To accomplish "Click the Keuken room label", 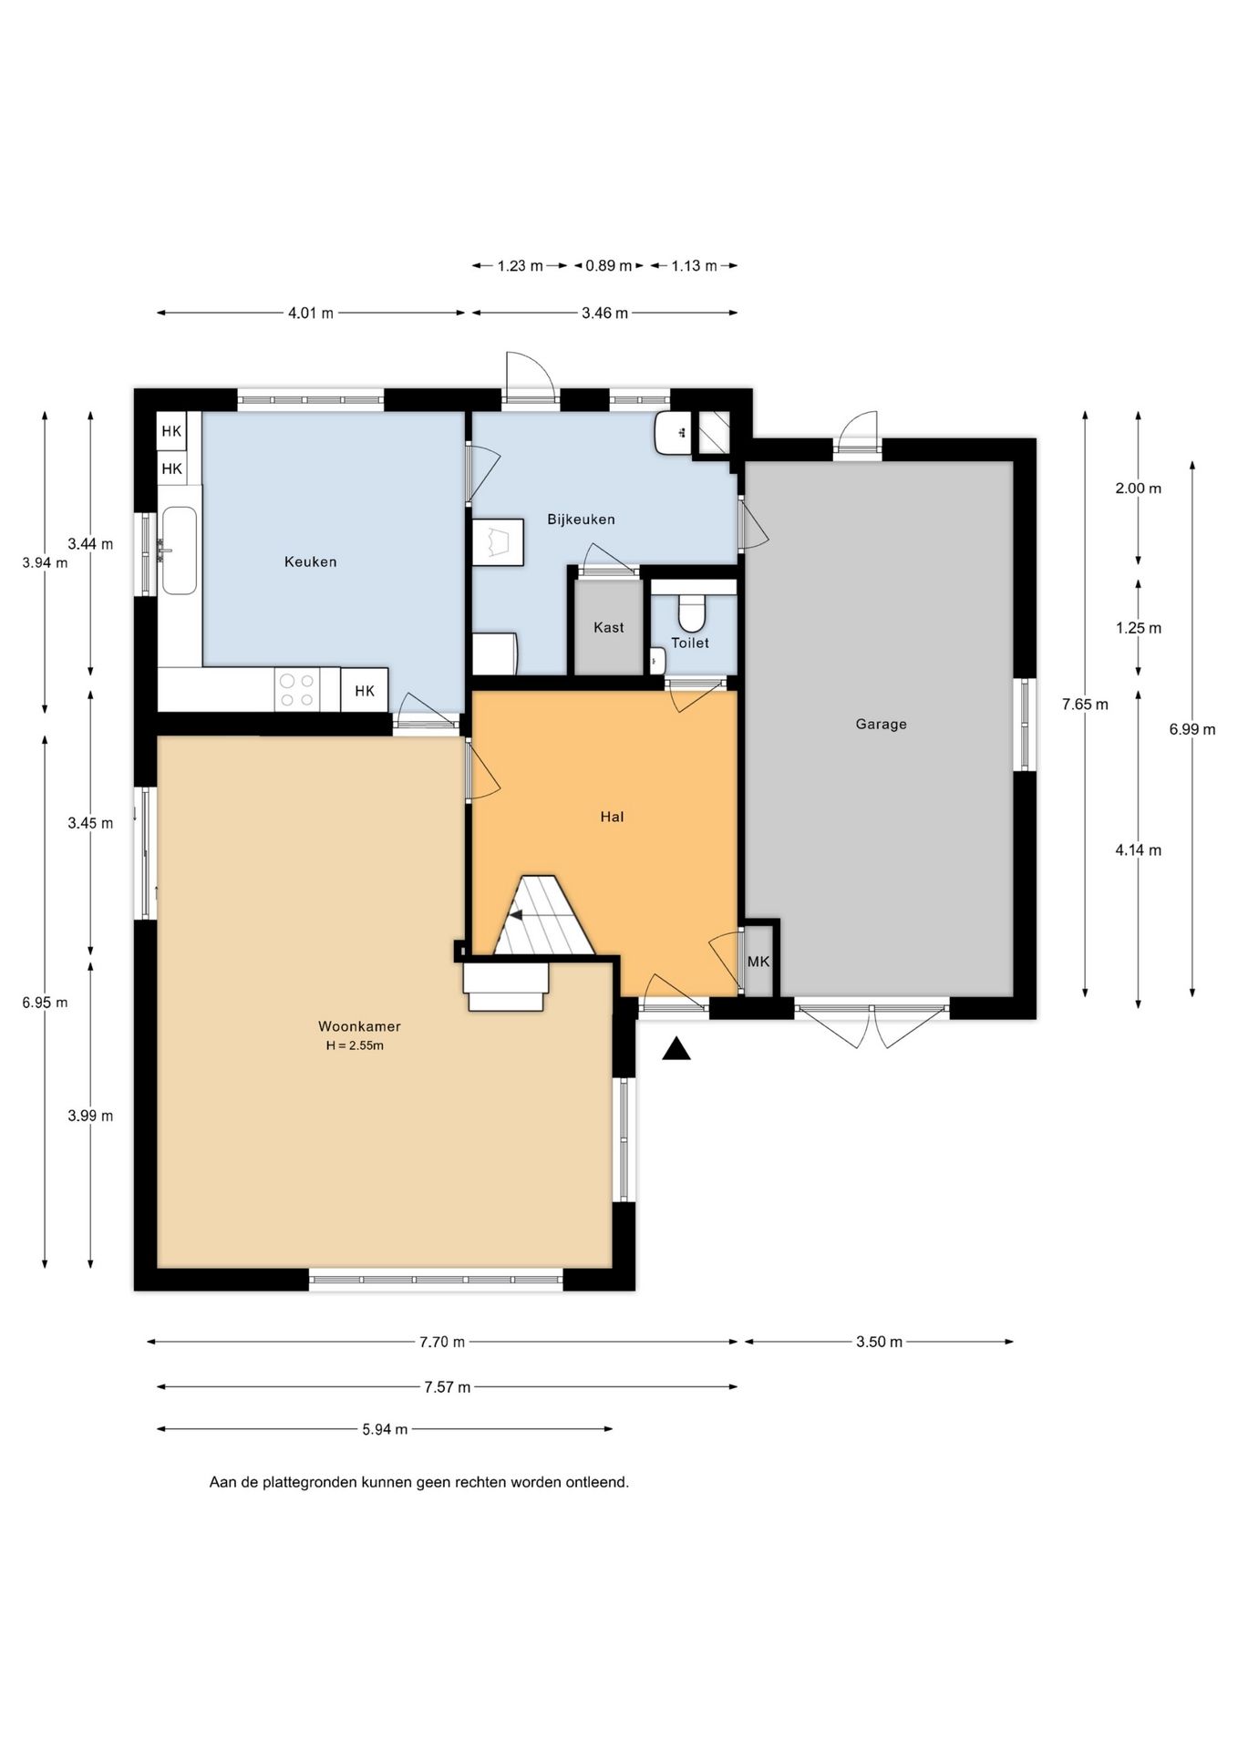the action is (x=311, y=562).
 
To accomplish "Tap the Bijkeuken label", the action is (x=581, y=520).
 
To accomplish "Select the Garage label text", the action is (x=881, y=725).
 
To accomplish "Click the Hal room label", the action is (x=612, y=817).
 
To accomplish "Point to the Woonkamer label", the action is (x=359, y=1026).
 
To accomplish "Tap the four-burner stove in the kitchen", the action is (x=296, y=690).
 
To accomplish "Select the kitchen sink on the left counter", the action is (x=180, y=550).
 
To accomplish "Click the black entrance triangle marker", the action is (x=676, y=1049).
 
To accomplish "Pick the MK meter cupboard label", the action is (x=758, y=962).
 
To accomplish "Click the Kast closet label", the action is (x=609, y=627).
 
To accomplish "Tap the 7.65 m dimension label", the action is (x=1085, y=704).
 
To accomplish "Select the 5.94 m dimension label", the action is (x=385, y=1429).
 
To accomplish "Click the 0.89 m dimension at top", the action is (x=608, y=266).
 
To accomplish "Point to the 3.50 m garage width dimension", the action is (x=879, y=1342).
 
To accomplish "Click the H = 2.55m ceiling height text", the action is (x=355, y=1045).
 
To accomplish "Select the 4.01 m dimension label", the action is (x=311, y=314).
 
